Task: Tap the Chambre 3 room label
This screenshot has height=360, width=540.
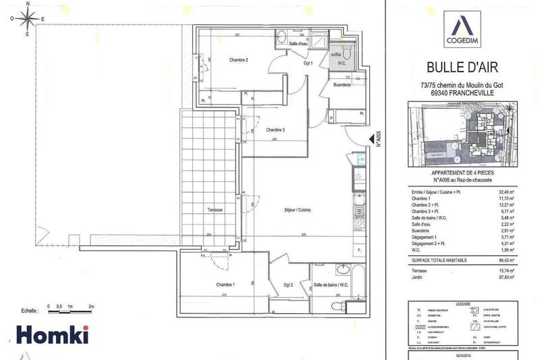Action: (275, 130)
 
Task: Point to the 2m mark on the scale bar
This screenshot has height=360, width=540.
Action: (90, 306)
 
